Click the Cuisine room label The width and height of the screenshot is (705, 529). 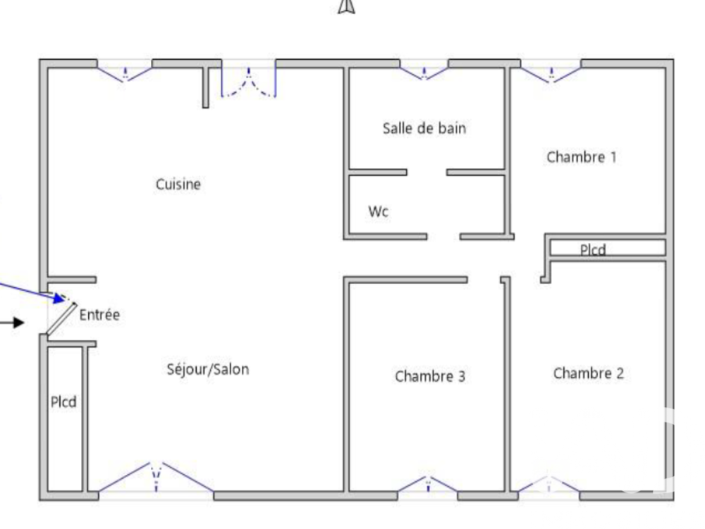pyautogui.click(x=178, y=185)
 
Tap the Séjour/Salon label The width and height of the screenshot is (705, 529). pyautogui.click(x=207, y=369)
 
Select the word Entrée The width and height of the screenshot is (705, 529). pyautogui.click(x=99, y=316)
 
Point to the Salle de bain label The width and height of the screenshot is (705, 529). pyautogui.click(x=424, y=128)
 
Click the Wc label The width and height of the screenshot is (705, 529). pyautogui.click(x=379, y=211)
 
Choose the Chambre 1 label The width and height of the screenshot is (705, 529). pyautogui.click(x=582, y=157)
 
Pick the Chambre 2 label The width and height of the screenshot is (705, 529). pyautogui.click(x=589, y=373)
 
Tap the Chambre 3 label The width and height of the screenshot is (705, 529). pyautogui.click(x=430, y=376)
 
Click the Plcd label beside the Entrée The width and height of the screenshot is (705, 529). pyautogui.click(x=63, y=403)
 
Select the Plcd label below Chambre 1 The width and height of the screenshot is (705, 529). pyautogui.click(x=593, y=249)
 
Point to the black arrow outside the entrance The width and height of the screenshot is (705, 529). pyautogui.click(x=12, y=323)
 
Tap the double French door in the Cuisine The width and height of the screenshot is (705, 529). pyautogui.click(x=248, y=82)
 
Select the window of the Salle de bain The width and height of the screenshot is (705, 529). pyautogui.click(x=424, y=71)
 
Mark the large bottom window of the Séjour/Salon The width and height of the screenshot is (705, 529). pyautogui.click(x=157, y=479)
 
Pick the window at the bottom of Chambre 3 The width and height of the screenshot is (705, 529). pyautogui.click(x=428, y=485)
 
